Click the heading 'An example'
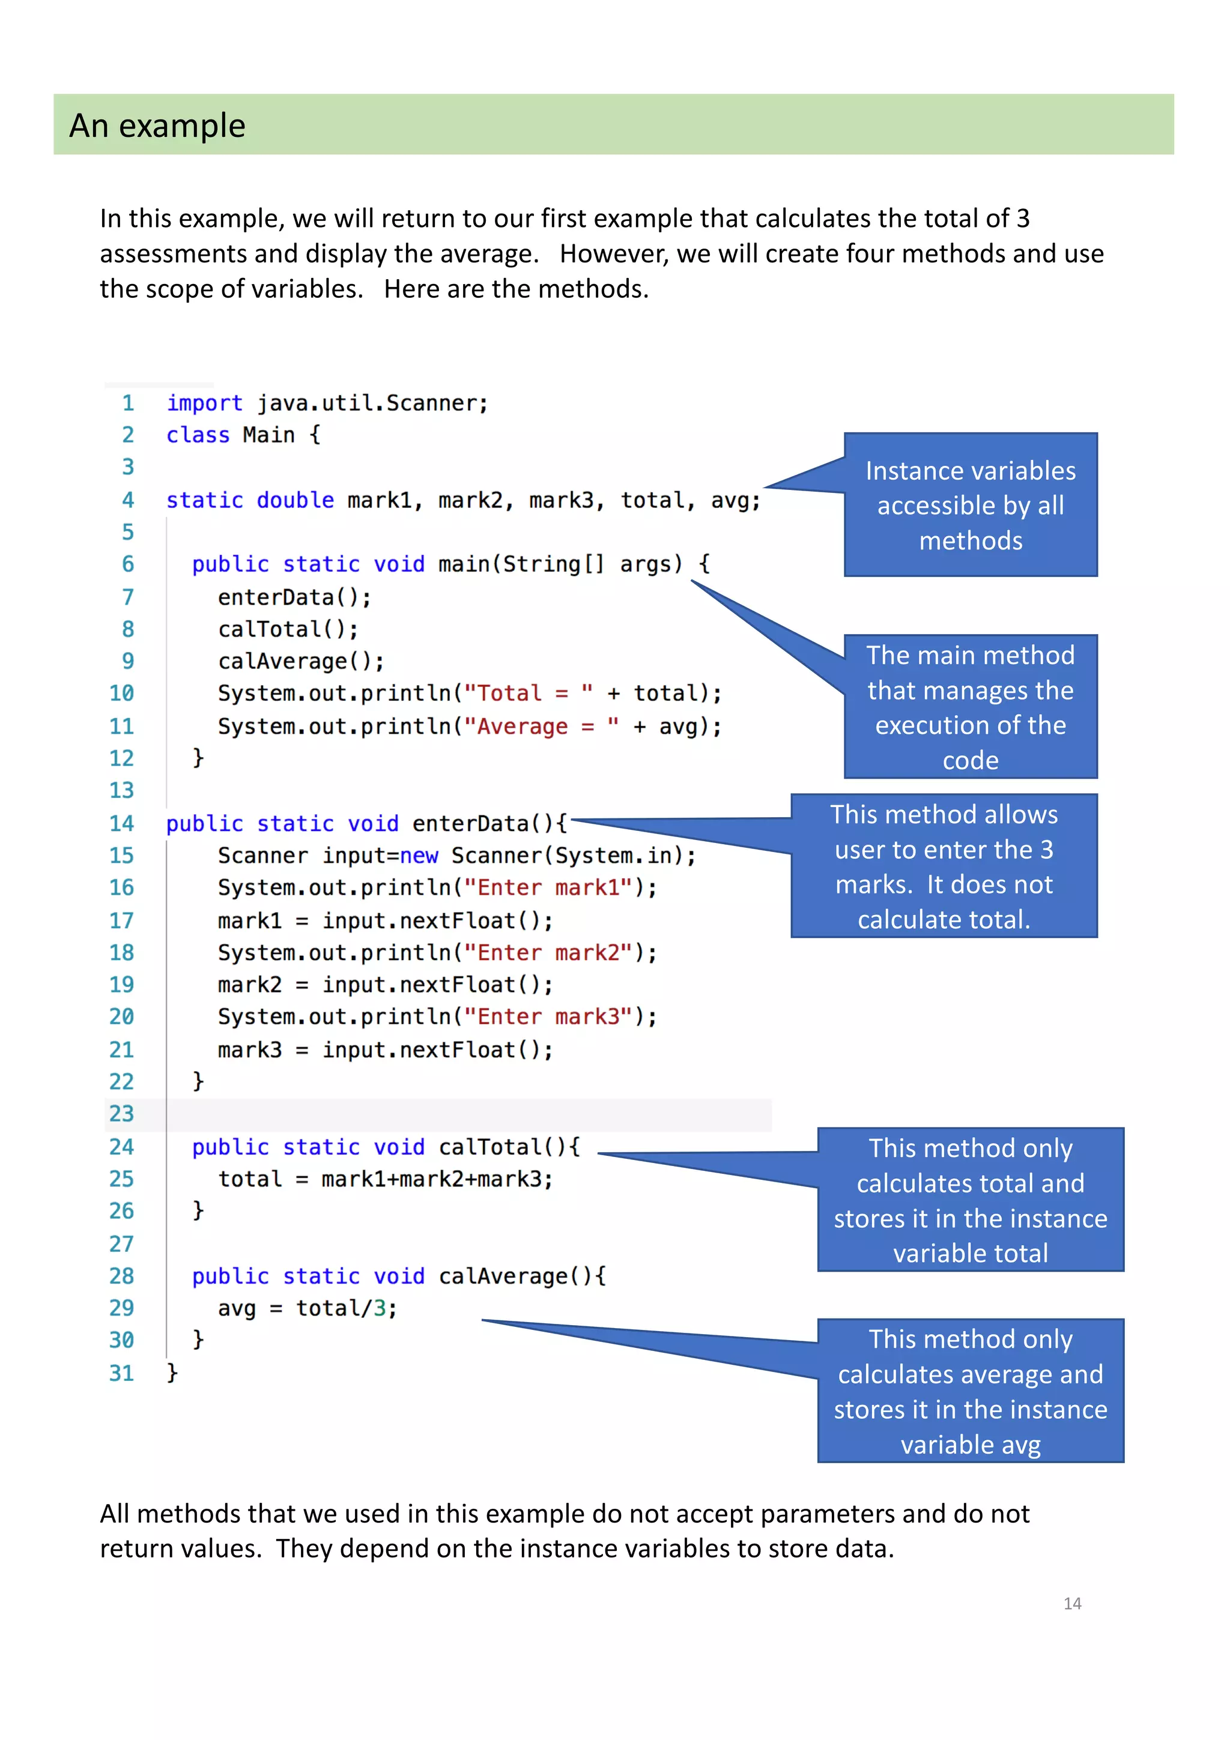click(157, 126)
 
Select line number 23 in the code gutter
click(121, 1113)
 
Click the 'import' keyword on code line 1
click(205, 403)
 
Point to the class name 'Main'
click(268, 435)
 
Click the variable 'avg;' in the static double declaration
click(735, 500)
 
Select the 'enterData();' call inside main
click(294, 597)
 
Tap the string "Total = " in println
click(527, 693)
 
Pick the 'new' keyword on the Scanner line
click(419, 856)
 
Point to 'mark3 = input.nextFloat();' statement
click(385, 1050)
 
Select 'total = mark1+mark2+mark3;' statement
click(385, 1179)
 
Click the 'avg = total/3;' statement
click(307, 1308)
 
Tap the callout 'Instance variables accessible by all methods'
click(970, 505)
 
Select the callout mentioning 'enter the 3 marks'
click(944, 866)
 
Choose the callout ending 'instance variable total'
click(970, 1200)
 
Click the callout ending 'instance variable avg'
click(970, 1391)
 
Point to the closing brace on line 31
click(172, 1373)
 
